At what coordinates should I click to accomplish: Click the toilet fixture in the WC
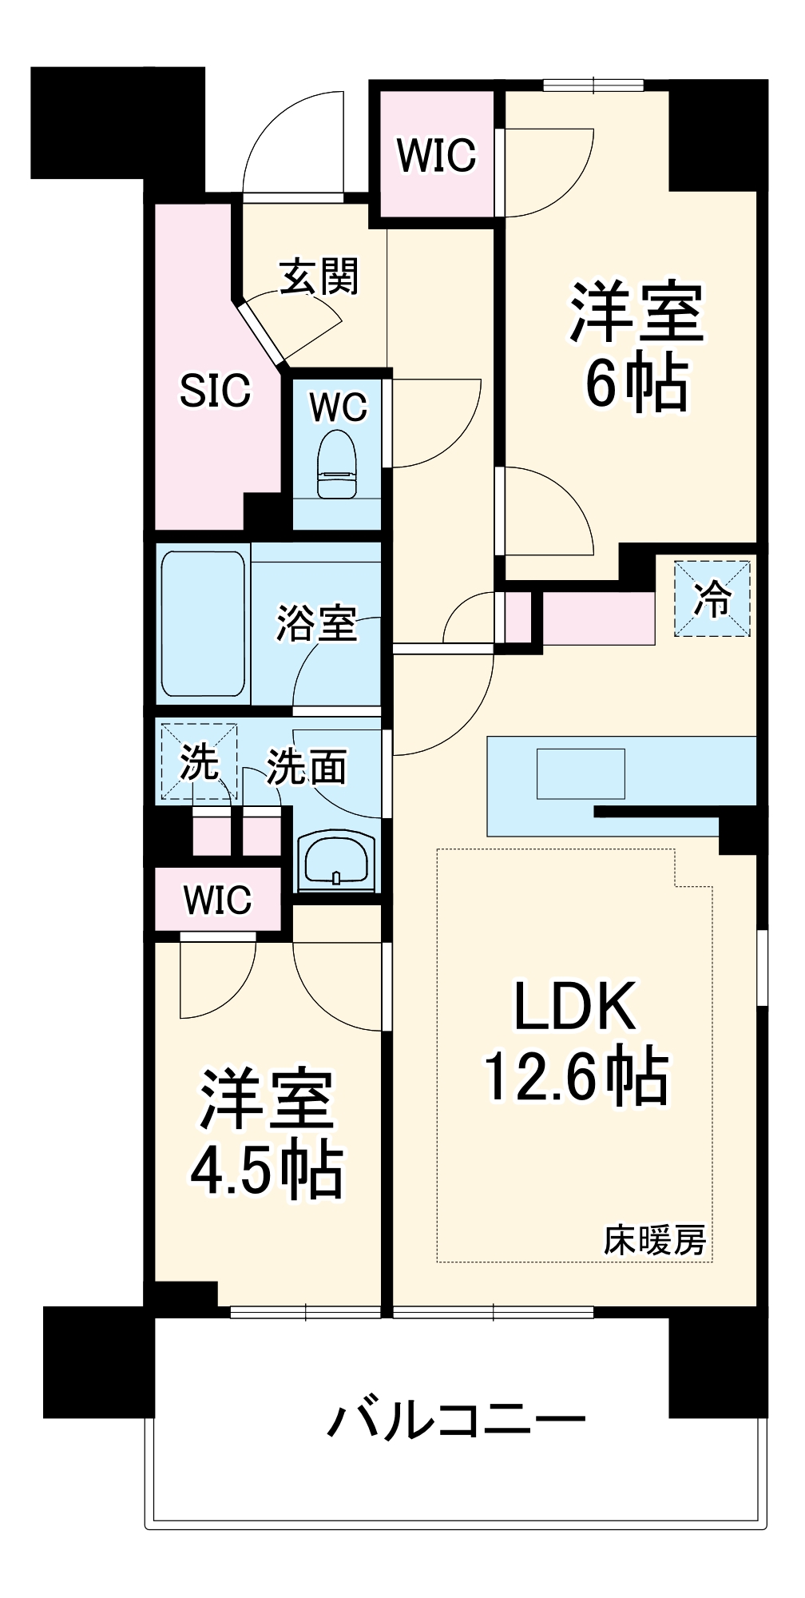[x=336, y=465]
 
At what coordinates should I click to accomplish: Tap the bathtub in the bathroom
[x=203, y=623]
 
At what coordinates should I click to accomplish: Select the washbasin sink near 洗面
[x=335, y=861]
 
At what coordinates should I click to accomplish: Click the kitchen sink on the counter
[x=581, y=773]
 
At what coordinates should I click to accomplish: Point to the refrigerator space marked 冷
[x=712, y=598]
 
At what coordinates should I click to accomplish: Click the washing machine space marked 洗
[x=199, y=761]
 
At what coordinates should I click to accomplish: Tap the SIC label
[x=215, y=391]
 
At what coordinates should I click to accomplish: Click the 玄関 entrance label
[x=319, y=277]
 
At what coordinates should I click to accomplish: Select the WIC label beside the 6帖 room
[x=436, y=155]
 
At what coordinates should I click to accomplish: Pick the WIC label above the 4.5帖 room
[x=217, y=900]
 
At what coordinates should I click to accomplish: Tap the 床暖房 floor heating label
[x=654, y=1241]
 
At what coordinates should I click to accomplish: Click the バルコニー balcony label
[x=456, y=1420]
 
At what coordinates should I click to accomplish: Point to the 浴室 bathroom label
[x=316, y=623]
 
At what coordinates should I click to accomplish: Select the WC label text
[x=339, y=407]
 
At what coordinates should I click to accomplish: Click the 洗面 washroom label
[x=306, y=767]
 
